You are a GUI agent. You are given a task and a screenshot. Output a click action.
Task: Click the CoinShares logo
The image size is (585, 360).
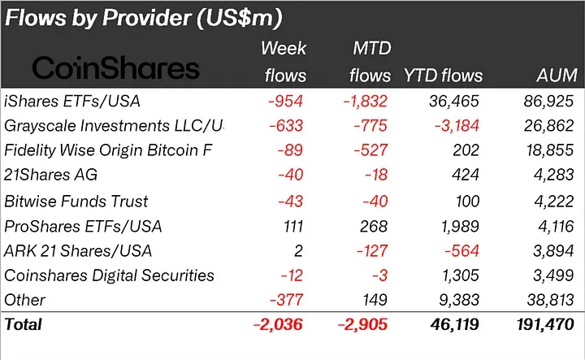[x=115, y=67]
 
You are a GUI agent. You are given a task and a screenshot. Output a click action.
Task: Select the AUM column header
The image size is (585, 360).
[x=557, y=76]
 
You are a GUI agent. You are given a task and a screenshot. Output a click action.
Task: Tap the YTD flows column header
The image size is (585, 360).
[x=443, y=76]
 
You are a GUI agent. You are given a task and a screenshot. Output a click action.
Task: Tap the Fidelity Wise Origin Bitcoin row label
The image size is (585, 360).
[x=113, y=151]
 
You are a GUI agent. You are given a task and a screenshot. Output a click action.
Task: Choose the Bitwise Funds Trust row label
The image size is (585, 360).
[x=76, y=201]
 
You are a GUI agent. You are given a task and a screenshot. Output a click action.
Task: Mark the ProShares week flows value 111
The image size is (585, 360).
[x=294, y=225]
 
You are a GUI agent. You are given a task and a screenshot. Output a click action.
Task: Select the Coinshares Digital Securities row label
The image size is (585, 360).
[x=110, y=275]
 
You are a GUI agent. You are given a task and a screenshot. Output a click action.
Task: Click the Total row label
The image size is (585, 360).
[x=24, y=324]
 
